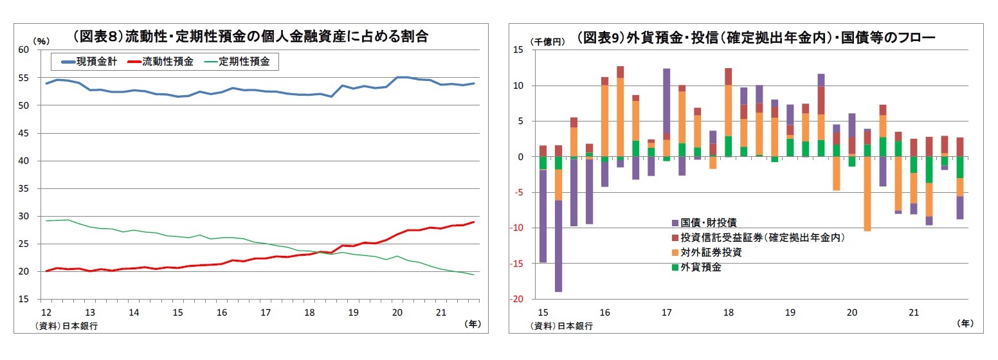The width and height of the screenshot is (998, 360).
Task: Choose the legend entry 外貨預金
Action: [x=700, y=267]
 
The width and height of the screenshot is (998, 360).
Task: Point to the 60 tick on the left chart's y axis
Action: [x=24, y=50]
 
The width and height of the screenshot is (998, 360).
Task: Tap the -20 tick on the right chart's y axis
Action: [x=520, y=300]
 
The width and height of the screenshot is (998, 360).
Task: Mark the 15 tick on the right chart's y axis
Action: [x=522, y=50]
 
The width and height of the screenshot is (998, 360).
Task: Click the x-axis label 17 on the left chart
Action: [x=265, y=312]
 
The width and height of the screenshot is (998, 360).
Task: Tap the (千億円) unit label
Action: [x=548, y=41]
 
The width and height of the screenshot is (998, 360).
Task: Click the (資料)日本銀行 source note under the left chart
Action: [x=66, y=325]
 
